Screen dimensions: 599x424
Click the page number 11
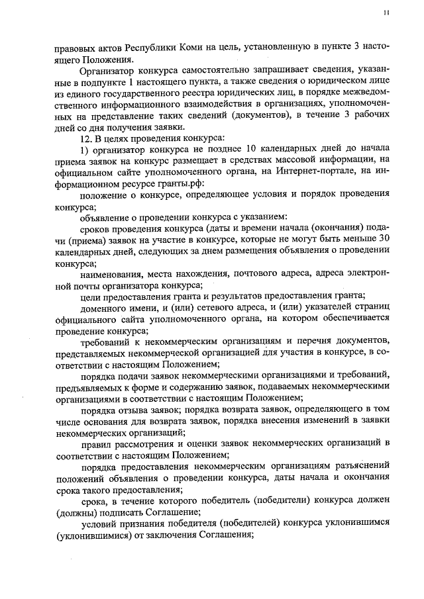(x=386, y=13)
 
